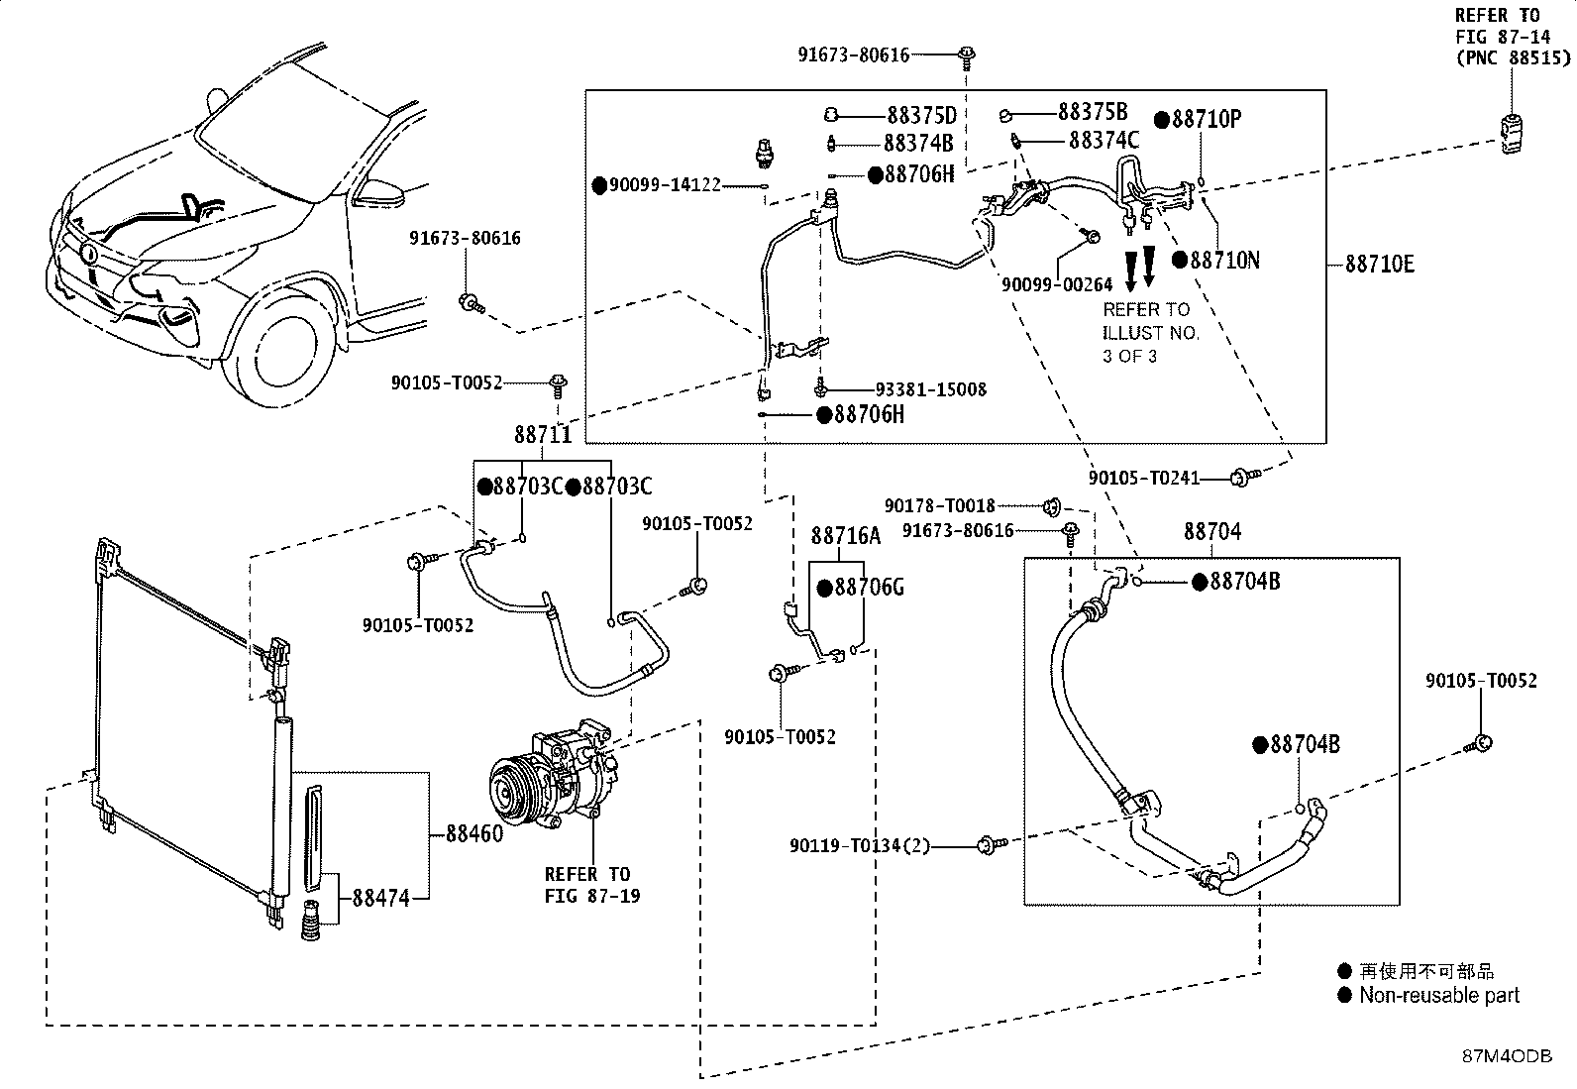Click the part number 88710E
[x=1379, y=265]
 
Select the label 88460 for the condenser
[x=474, y=833]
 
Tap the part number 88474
[x=380, y=898]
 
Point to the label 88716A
[x=846, y=536]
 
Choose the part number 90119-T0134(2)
[x=860, y=844]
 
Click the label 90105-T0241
[x=1144, y=479]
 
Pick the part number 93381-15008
[x=931, y=389]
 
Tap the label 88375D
[x=921, y=115]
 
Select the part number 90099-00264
[x=1057, y=284]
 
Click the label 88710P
[x=1206, y=119]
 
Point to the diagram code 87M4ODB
[x=1508, y=1056]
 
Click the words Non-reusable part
[x=1439, y=995]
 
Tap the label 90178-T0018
[x=940, y=505]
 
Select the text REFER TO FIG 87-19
[x=592, y=885]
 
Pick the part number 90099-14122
[x=666, y=185]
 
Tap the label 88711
[x=543, y=435]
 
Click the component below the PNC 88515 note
[x=1510, y=134]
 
